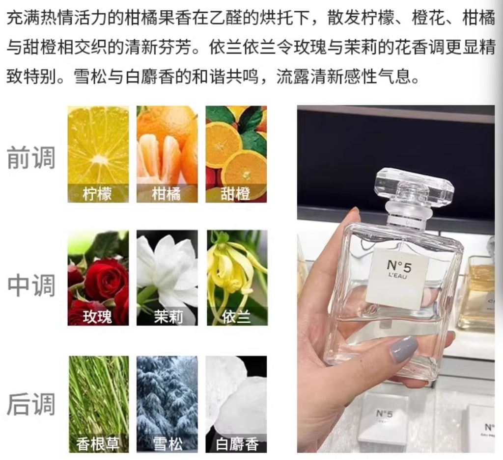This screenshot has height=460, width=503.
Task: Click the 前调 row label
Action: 31,157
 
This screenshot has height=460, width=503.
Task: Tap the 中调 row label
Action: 31,285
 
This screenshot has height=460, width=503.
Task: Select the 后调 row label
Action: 31,404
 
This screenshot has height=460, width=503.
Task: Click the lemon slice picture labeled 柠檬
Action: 98,154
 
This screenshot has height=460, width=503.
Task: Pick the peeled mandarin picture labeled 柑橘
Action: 167,154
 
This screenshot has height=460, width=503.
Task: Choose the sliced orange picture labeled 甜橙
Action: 236,154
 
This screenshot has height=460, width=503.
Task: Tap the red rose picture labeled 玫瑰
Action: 98,278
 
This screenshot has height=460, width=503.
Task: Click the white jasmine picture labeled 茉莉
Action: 167,278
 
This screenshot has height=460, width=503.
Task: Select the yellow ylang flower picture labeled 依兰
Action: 237,278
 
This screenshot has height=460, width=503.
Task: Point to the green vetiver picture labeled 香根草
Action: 99,404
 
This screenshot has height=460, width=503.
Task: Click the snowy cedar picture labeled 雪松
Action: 167,404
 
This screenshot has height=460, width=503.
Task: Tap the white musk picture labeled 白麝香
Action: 236,404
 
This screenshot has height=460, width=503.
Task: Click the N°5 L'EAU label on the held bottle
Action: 398,279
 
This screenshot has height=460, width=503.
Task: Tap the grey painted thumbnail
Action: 405,349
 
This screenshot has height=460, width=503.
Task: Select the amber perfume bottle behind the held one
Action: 478,295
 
